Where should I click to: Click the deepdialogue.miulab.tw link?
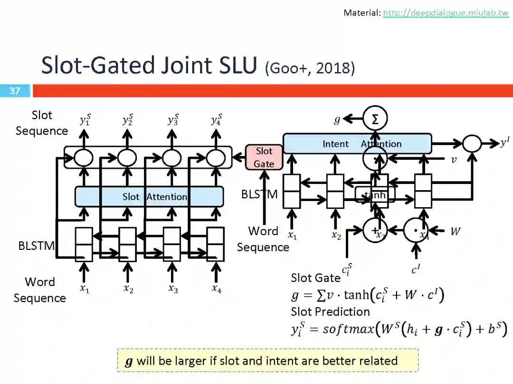(x=446, y=13)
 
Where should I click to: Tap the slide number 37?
(x=15, y=91)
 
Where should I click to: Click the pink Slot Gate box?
(x=264, y=157)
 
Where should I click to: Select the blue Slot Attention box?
(x=149, y=196)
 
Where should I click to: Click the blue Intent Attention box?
(x=357, y=144)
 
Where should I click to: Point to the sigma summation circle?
(x=375, y=119)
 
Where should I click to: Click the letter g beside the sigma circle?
(x=337, y=120)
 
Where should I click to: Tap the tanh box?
(x=375, y=194)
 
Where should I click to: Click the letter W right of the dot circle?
(x=455, y=231)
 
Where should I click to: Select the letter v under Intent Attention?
(x=454, y=160)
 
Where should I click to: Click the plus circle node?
(x=375, y=231)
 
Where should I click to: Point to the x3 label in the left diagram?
(x=173, y=289)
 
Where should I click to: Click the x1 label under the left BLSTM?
(x=84, y=289)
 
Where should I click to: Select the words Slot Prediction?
(x=330, y=311)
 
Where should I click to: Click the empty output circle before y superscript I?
(x=472, y=143)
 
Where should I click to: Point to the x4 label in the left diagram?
(x=216, y=289)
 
